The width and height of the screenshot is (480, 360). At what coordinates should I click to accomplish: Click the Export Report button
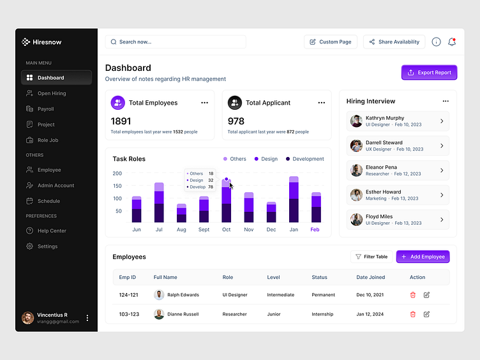click(429, 73)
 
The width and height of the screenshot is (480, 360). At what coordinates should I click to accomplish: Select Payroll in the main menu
click(45, 109)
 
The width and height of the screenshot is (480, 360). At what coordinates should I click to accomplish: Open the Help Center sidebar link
click(51, 231)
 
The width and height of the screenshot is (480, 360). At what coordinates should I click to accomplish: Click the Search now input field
click(176, 42)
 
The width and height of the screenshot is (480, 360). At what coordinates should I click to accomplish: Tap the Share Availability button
click(394, 42)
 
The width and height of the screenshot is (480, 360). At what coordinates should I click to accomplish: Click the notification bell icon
click(452, 42)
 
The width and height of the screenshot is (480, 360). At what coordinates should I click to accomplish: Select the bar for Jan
click(294, 200)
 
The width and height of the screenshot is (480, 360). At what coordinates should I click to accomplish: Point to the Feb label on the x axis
click(315, 230)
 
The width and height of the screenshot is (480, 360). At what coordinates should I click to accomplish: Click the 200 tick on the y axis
click(117, 174)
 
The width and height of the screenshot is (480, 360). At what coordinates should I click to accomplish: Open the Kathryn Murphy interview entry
click(397, 121)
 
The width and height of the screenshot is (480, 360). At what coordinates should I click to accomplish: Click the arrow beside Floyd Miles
click(442, 220)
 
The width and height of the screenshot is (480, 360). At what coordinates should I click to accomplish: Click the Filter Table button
click(371, 257)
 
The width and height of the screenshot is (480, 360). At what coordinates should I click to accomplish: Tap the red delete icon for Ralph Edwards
click(412, 295)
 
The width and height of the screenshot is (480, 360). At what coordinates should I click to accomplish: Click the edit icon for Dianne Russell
click(426, 314)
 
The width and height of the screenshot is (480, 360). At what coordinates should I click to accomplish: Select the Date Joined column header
click(371, 278)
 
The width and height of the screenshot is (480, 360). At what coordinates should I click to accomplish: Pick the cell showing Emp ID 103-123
click(129, 314)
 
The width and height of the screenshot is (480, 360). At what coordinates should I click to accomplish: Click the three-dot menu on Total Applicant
click(321, 103)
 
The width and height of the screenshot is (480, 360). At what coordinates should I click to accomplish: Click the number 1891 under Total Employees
click(121, 121)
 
